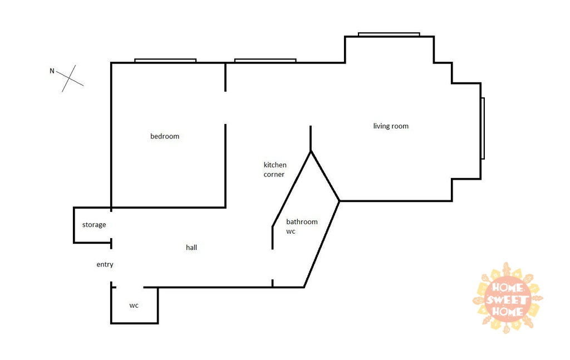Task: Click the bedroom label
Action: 165,136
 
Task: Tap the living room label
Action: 391,126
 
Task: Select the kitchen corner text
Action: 275,170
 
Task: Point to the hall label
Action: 191,248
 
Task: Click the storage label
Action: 94,225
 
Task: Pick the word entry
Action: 105,264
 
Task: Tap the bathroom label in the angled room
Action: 302,221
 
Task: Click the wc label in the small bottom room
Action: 134,305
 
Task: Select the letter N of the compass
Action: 52,71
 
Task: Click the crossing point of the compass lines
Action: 69,78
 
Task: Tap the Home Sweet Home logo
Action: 508,298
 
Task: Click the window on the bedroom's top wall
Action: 165,61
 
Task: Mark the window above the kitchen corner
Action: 266,61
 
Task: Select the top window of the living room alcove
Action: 389,34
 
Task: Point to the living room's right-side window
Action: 483,128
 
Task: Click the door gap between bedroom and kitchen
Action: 225,108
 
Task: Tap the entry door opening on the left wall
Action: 111,265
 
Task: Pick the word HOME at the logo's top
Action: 508,288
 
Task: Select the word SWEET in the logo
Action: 508,300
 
